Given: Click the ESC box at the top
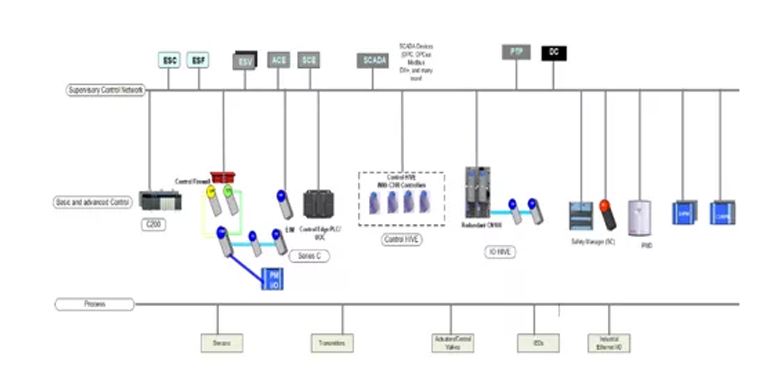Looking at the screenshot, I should click(x=169, y=60).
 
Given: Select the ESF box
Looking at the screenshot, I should click(x=198, y=60).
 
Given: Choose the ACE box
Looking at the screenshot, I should click(x=278, y=60).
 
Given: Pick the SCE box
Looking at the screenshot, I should click(x=309, y=60).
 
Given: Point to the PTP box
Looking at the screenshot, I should click(x=516, y=52).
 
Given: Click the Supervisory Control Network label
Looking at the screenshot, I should click(x=105, y=90).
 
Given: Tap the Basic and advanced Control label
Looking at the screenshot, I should click(x=92, y=202).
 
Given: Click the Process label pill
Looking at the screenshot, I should click(x=95, y=304).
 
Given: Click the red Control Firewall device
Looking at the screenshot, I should click(x=223, y=177).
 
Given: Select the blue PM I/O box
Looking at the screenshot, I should click(x=272, y=279).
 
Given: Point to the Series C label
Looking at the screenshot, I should click(x=309, y=256).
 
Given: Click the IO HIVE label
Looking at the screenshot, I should click(x=500, y=252).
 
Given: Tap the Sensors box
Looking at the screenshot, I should click(x=222, y=343).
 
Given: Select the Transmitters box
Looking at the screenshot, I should click(x=332, y=343).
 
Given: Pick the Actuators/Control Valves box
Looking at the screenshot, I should click(x=453, y=343).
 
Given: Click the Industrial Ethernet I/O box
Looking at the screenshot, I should click(x=609, y=343).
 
